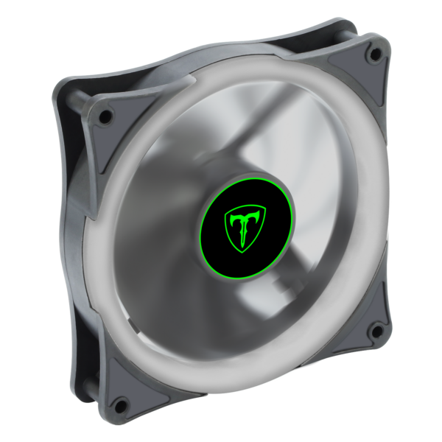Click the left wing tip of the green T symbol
tap(227, 214)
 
